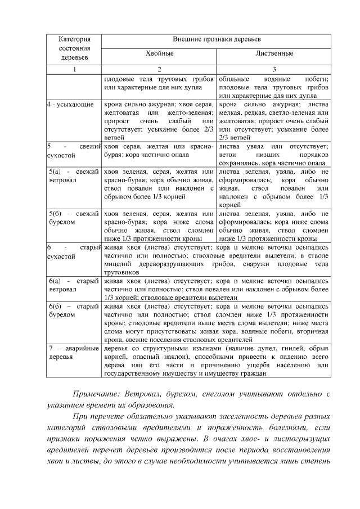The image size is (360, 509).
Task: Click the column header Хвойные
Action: tap(160, 55)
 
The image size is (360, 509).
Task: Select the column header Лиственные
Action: tap(273, 55)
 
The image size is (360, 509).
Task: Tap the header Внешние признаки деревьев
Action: tap(217, 40)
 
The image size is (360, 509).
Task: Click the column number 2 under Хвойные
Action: tap(160, 69)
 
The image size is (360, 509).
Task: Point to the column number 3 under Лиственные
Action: tap(273, 69)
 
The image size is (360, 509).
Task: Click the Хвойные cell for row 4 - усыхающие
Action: tap(160, 120)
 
